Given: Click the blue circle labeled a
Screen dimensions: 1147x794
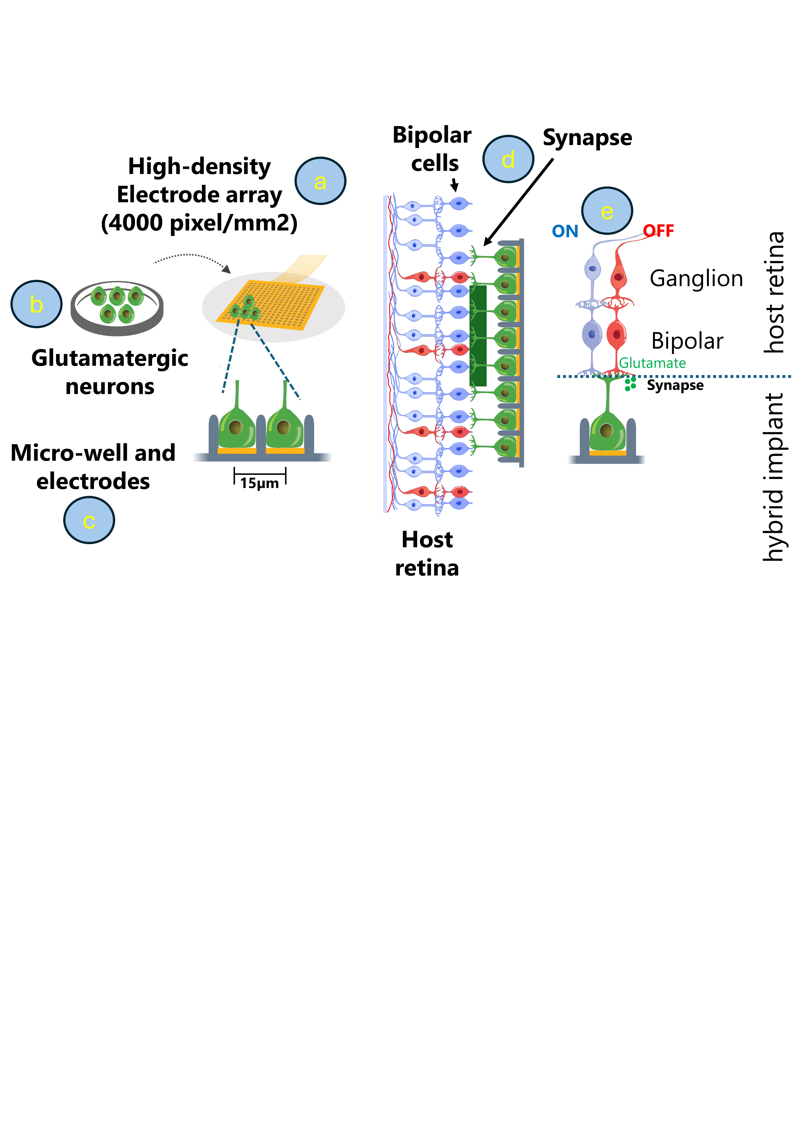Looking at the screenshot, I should coord(320,181).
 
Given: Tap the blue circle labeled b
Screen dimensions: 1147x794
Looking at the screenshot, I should coord(36,304).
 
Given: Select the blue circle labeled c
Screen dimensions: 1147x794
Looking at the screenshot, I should coord(89,520).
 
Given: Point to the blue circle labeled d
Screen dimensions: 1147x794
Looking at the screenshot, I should coord(508,159).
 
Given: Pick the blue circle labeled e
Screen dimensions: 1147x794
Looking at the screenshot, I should coord(607,211).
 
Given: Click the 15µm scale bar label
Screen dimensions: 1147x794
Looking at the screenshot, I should coord(260,483).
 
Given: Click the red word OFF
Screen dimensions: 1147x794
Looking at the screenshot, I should coord(658,231).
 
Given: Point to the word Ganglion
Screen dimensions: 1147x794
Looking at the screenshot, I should coord(696,278).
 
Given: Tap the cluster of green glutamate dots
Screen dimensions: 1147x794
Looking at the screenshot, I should coord(630,384).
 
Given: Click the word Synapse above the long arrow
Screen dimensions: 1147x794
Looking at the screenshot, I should coord(587,138).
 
